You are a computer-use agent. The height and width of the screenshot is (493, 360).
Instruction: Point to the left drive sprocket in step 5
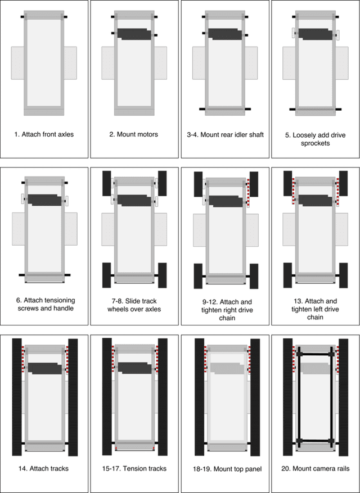coord(294,34)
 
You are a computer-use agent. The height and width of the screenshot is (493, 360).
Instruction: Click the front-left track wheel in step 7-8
coord(107,183)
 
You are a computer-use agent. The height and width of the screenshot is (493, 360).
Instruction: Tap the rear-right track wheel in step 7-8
coord(163,274)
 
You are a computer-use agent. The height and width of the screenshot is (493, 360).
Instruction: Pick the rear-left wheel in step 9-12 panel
coord(198,275)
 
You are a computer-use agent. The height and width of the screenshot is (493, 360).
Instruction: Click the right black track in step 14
coord(73,396)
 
